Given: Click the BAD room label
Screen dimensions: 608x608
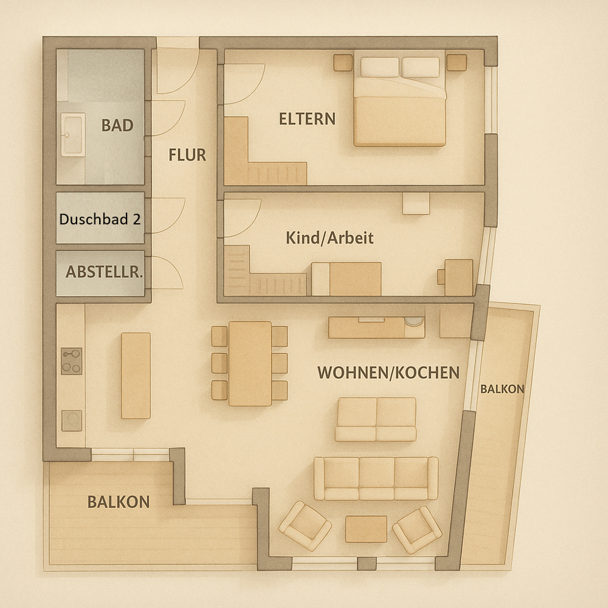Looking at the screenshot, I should pyautogui.click(x=117, y=126).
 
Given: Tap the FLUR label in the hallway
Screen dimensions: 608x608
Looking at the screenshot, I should pyautogui.click(x=187, y=155).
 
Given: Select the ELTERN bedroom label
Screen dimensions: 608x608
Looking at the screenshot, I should pyautogui.click(x=307, y=119).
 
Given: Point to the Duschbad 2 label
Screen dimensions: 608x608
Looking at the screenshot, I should pyautogui.click(x=100, y=219).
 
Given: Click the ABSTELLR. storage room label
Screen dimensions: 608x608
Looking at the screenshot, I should pyautogui.click(x=104, y=272).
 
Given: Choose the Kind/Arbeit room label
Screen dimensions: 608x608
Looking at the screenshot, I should pyautogui.click(x=330, y=238).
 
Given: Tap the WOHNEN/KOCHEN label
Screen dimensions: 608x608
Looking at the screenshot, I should pyautogui.click(x=389, y=373).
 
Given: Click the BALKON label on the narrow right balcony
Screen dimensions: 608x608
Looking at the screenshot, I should pyautogui.click(x=502, y=389).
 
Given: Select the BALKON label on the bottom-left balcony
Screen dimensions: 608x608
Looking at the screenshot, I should pyautogui.click(x=119, y=502).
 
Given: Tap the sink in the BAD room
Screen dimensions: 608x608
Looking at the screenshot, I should pyautogui.click(x=72, y=135).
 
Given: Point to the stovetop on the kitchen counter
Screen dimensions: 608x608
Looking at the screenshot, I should pyautogui.click(x=71, y=361).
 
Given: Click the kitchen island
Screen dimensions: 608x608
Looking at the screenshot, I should pyautogui.click(x=136, y=375).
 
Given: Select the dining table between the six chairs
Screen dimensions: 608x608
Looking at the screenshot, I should pyautogui.click(x=250, y=363).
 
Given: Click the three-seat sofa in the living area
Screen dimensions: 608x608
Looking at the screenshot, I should pyautogui.click(x=376, y=478).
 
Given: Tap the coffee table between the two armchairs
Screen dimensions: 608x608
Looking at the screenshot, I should pyautogui.click(x=366, y=528).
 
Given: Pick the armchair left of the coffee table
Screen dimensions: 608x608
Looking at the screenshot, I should pyautogui.click(x=305, y=525).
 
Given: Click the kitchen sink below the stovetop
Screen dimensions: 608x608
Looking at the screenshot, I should pyautogui.click(x=72, y=420).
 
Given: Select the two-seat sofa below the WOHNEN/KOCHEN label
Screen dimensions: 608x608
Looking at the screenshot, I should pyautogui.click(x=376, y=419).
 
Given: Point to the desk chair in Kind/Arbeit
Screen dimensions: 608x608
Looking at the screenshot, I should pyautogui.click(x=441, y=277).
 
